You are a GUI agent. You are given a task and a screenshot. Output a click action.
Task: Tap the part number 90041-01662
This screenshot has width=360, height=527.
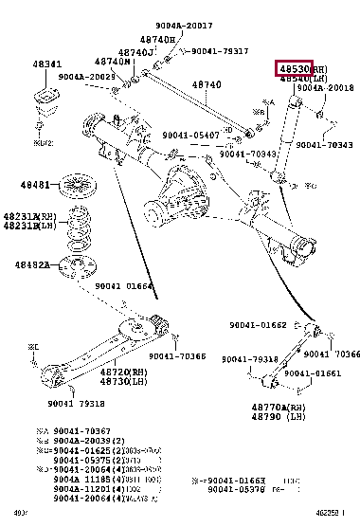click(x=257, y=325)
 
